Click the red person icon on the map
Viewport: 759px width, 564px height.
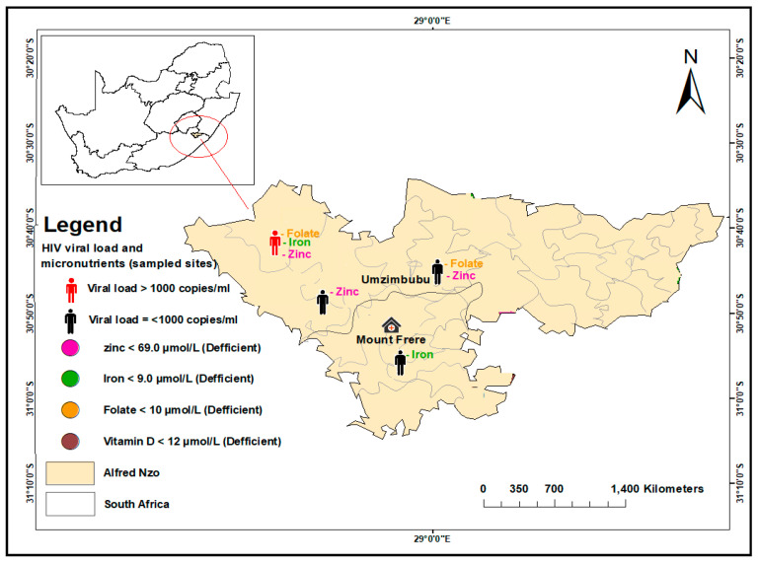click(275, 243)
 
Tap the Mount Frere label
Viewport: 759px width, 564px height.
click(391, 340)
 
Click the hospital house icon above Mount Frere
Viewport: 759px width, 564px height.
click(391, 324)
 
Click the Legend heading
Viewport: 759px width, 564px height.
click(83, 225)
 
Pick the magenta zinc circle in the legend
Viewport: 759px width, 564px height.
click(70, 347)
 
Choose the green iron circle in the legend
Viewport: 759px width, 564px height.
click(70, 379)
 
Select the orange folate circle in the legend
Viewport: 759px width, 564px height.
click(70, 410)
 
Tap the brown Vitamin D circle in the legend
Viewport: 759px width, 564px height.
click(70, 441)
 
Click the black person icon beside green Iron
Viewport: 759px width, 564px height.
click(400, 362)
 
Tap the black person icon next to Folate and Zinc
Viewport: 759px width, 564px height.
click(437, 271)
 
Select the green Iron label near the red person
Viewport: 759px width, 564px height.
click(298, 243)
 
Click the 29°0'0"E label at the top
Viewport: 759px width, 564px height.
click(430, 20)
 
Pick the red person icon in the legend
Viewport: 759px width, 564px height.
click(70, 291)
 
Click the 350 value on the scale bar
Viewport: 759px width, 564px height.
click(521, 488)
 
